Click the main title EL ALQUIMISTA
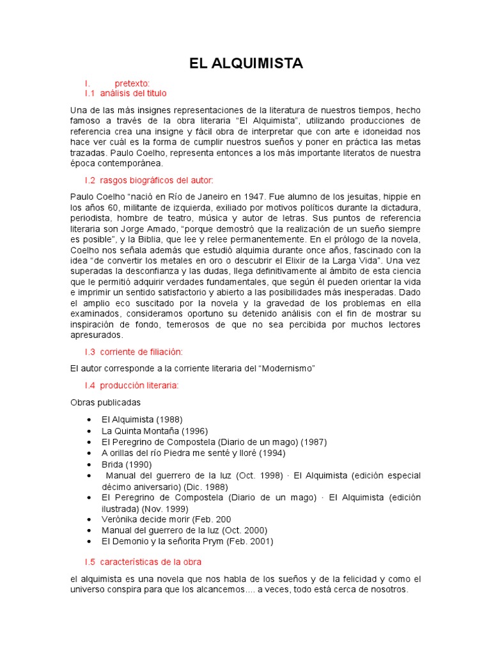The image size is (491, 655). [245, 63]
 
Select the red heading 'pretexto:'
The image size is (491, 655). [132, 84]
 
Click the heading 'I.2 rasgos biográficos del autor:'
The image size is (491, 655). [149, 181]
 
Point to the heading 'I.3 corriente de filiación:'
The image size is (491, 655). [134, 352]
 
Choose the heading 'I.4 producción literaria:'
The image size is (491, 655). [132, 385]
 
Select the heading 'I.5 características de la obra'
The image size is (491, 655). [143, 562]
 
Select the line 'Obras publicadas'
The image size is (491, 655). [105, 402]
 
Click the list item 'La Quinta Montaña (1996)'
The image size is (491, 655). [155, 430]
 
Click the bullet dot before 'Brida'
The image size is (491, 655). [88, 464]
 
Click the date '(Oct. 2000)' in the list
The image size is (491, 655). [244, 530]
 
